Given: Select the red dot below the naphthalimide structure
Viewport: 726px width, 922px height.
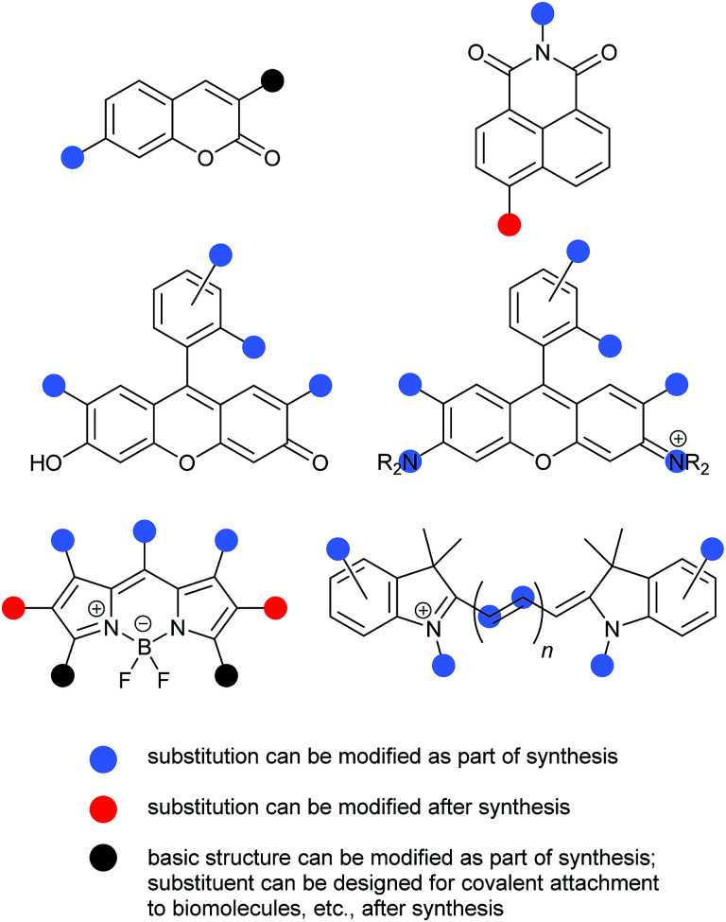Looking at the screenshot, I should click(510, 224).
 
